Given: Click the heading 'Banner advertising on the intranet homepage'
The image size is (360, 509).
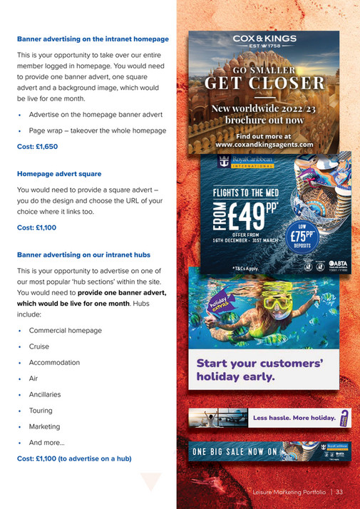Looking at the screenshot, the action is tap(93, 38).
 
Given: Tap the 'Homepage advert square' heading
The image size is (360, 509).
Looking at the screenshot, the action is tap(59, 173).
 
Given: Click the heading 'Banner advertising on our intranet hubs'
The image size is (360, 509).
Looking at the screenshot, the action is tap(83, 254).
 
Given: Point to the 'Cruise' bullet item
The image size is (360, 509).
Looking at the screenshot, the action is tap(39, 346).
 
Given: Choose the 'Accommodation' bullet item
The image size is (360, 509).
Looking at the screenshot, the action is tap(54, 363).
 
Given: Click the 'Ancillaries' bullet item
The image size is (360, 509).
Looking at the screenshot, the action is tap(45, 394).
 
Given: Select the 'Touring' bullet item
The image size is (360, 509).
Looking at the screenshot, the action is tap(41, 411).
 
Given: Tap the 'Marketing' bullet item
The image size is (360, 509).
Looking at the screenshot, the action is tap(44, 426).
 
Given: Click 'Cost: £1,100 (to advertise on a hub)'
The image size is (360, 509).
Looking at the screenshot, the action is tap(74, 458).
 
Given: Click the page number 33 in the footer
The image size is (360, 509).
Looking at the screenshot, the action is tap(340, 492).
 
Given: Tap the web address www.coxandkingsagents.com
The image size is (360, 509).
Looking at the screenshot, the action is tap(264, 144).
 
